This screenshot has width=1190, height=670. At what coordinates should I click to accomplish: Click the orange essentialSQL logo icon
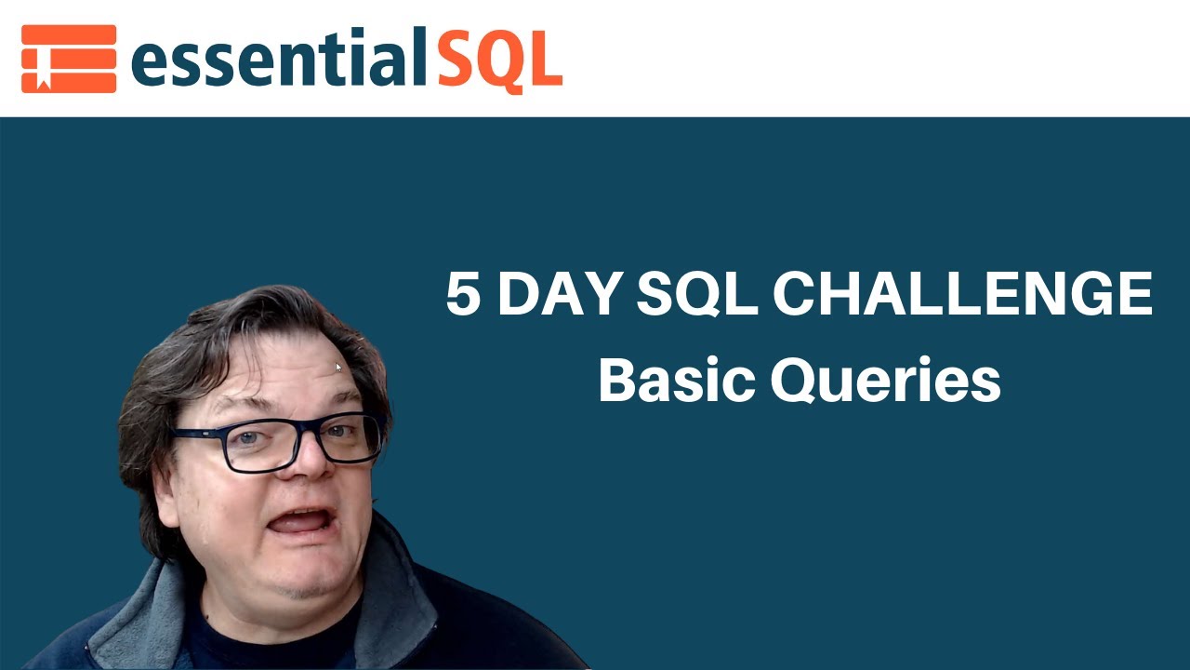pos(69,59)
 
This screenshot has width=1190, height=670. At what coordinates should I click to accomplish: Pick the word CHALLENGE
pos(962,295)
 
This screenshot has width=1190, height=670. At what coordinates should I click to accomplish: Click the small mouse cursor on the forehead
pos(338,367)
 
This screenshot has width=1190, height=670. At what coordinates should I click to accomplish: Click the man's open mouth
pos(298,520)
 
